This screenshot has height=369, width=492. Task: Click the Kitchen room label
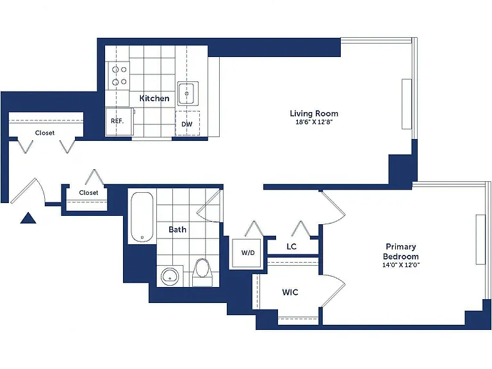tap(154, 98)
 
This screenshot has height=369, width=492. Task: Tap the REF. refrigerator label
tap(117, 121)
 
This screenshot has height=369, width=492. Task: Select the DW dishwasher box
tap(187, 123)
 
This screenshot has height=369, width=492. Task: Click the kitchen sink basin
tap(188, 94)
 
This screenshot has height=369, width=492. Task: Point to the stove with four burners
tap(119, 76)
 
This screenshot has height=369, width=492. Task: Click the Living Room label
tap(314, 113)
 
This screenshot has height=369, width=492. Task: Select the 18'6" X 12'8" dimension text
tap(314, 122)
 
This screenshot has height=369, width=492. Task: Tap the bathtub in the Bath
tap(142, 217)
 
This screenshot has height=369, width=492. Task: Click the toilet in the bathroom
tap(202, 272)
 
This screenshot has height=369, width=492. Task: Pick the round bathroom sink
tap(170, 277)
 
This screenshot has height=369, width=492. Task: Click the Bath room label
tap(177, 230)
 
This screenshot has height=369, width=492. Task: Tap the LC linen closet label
tap(291, 247)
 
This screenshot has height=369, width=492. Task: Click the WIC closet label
tap(290, 292)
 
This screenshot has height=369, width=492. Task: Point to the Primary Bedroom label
tap(400, 251)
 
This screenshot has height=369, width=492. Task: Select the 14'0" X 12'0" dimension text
tap(400, 265)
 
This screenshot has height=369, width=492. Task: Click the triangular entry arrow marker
tap(28, 218)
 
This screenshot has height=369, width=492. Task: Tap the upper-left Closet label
tap(45, 133)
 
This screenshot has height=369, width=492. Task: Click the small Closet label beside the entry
tap(88, 193)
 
